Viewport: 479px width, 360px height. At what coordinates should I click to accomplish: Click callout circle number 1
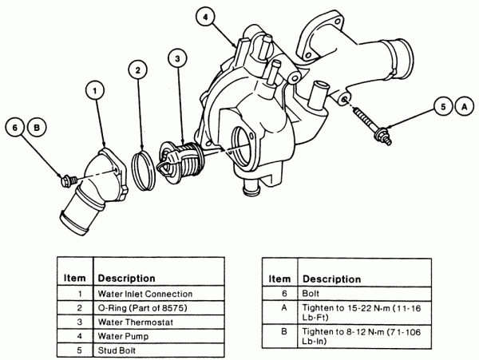point(95,93)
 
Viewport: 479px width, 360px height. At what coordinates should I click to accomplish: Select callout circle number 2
point(138,71)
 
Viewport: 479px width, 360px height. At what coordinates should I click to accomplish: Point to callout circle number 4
point(205,17)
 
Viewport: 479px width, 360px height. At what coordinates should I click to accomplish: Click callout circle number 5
point(442,105)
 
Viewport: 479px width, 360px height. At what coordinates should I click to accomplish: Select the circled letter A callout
point(462,105)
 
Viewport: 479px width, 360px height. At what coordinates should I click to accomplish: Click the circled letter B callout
point(35,126)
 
